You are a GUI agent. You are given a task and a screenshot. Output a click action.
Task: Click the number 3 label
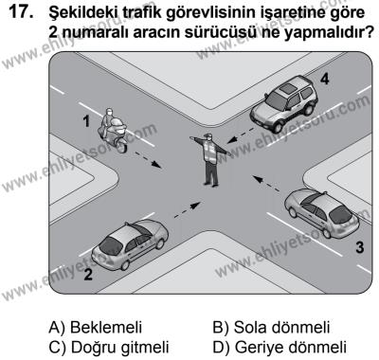pyautogui.click(x=358, y=248)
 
